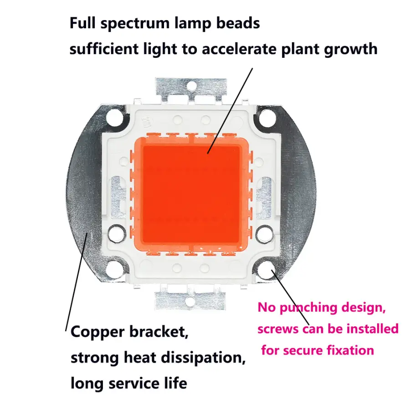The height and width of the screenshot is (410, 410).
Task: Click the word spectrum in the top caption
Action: pos(137,24)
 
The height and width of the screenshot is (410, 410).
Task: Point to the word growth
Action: pos(350,49)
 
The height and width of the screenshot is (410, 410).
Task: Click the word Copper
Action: pos(98,332)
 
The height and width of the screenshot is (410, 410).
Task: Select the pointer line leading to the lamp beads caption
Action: pos(230,109)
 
